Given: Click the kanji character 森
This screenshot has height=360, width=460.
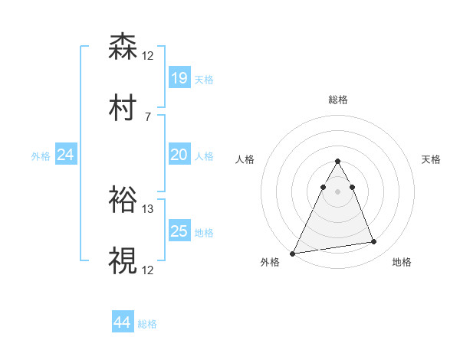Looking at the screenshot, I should pos(123,47).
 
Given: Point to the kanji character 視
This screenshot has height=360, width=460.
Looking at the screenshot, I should pos(123,261).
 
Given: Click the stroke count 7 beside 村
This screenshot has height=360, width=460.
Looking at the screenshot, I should pos(147,116).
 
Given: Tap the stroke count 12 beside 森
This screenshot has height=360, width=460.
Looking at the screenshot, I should pos(148,55).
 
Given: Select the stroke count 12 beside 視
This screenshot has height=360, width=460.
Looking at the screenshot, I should pos(148,270).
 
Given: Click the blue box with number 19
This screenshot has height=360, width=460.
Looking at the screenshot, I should pos(179,78).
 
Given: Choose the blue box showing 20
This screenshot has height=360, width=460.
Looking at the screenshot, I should pos(179,155).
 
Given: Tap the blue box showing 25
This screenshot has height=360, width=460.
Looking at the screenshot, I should pos(179,231).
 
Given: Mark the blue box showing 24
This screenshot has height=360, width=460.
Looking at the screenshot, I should pos(65,155).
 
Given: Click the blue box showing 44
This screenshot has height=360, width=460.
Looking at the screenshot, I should pos(122,322).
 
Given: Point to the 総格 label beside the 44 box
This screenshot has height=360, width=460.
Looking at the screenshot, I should pos(147,324).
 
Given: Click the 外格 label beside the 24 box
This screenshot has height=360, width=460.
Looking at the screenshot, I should pos(41,156).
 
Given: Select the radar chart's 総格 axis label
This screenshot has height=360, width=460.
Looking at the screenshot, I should pos(337,100).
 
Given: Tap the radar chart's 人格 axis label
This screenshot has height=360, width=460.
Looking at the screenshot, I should pos(246,159).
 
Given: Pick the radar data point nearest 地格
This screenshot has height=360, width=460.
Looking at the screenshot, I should pos(374,242).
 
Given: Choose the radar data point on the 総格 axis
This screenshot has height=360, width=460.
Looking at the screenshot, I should pos(337,162).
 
